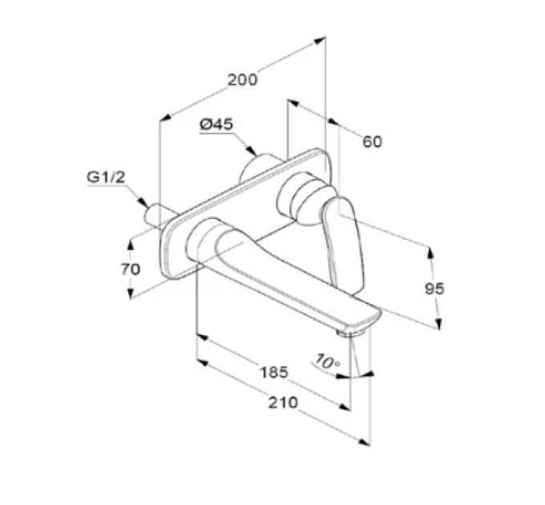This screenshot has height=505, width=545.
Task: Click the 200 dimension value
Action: pos(243,80)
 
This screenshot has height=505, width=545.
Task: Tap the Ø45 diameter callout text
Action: pos(216,124)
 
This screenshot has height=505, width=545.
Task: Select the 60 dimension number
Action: pos(372,141)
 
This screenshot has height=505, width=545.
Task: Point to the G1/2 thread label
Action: pos(106,177)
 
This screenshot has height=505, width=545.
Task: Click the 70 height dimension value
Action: pos(131,269)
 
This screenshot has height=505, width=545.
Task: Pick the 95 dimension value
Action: pos(434,289)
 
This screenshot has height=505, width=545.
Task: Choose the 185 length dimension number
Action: pos(274,372)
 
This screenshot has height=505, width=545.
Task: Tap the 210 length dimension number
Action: pos(283,402)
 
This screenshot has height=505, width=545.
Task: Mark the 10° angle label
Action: pos(327,362)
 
